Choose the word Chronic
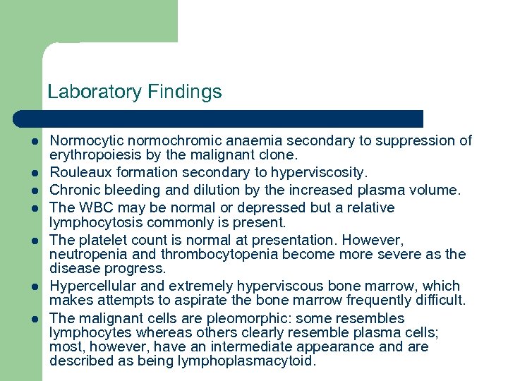tap(75, 190)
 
